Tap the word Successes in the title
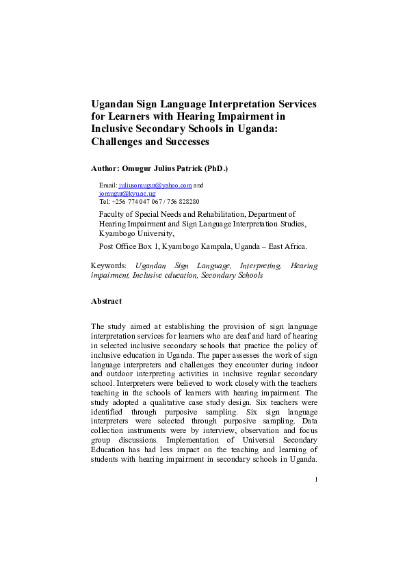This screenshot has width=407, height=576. tap(185, 142)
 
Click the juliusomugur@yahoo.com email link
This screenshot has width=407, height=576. tap(155, 185)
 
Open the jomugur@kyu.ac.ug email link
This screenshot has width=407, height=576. tap(128, 194)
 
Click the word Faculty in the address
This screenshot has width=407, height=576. tap(111, 214)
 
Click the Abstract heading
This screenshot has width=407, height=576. tap(106, 301)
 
